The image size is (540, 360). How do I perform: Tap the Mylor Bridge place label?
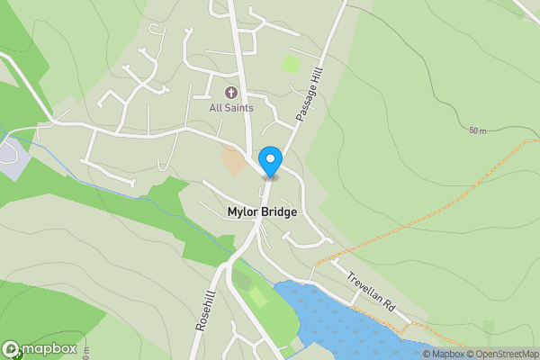(x=261, y=212)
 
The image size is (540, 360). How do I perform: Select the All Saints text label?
(x=230, y=108)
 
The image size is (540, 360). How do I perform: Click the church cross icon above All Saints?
(x=230, y=92)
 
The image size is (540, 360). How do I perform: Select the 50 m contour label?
(x=477, y=131)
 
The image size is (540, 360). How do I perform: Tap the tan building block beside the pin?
(x=233, y=162)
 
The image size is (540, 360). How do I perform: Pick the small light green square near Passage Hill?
(x=290, y=64)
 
